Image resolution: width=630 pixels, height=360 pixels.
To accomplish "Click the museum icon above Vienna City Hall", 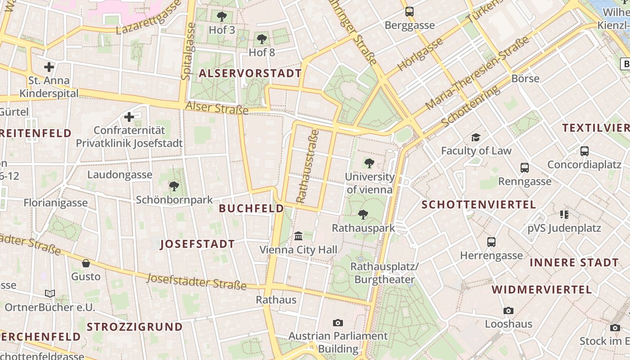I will (x=298, y=236).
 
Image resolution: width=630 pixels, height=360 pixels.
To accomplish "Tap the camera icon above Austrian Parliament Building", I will (x=338, y=323).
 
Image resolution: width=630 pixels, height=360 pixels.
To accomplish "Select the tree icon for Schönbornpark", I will (x=174, y=186).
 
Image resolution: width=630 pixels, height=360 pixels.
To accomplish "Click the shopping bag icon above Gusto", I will (x=86, y=263).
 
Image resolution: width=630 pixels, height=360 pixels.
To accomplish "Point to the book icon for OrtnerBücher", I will (x=50, y=293).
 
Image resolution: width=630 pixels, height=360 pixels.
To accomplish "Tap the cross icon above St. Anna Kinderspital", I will (x=49, y=67).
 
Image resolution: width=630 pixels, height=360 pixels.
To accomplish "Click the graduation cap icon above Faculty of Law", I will (x=476, y=137).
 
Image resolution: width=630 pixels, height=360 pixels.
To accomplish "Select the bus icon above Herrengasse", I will (x=491, y=242).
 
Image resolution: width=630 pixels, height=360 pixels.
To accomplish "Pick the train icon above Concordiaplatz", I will (x=584, y=151).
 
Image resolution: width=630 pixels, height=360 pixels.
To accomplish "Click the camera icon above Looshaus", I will (x=508, y=310).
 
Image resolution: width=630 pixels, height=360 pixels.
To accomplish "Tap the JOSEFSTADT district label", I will (x=198, y=244).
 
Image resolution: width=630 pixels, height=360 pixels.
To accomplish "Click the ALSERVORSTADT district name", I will (x=250, y=73).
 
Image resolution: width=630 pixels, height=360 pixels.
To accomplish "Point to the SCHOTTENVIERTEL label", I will (x=478, y=205).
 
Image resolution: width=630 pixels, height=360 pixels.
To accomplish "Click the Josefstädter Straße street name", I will (x=197, y=282).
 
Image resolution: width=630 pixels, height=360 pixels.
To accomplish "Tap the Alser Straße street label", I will (x=217, y=108).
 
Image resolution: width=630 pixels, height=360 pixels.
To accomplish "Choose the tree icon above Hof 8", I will (x=262, y=39).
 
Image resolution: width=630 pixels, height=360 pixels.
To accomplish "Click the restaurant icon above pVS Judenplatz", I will (x=564, y=215).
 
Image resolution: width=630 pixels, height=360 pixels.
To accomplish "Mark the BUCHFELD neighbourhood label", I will (x=251, y=208).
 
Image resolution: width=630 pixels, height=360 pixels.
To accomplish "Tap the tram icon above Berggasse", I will (x=409, y=12).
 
